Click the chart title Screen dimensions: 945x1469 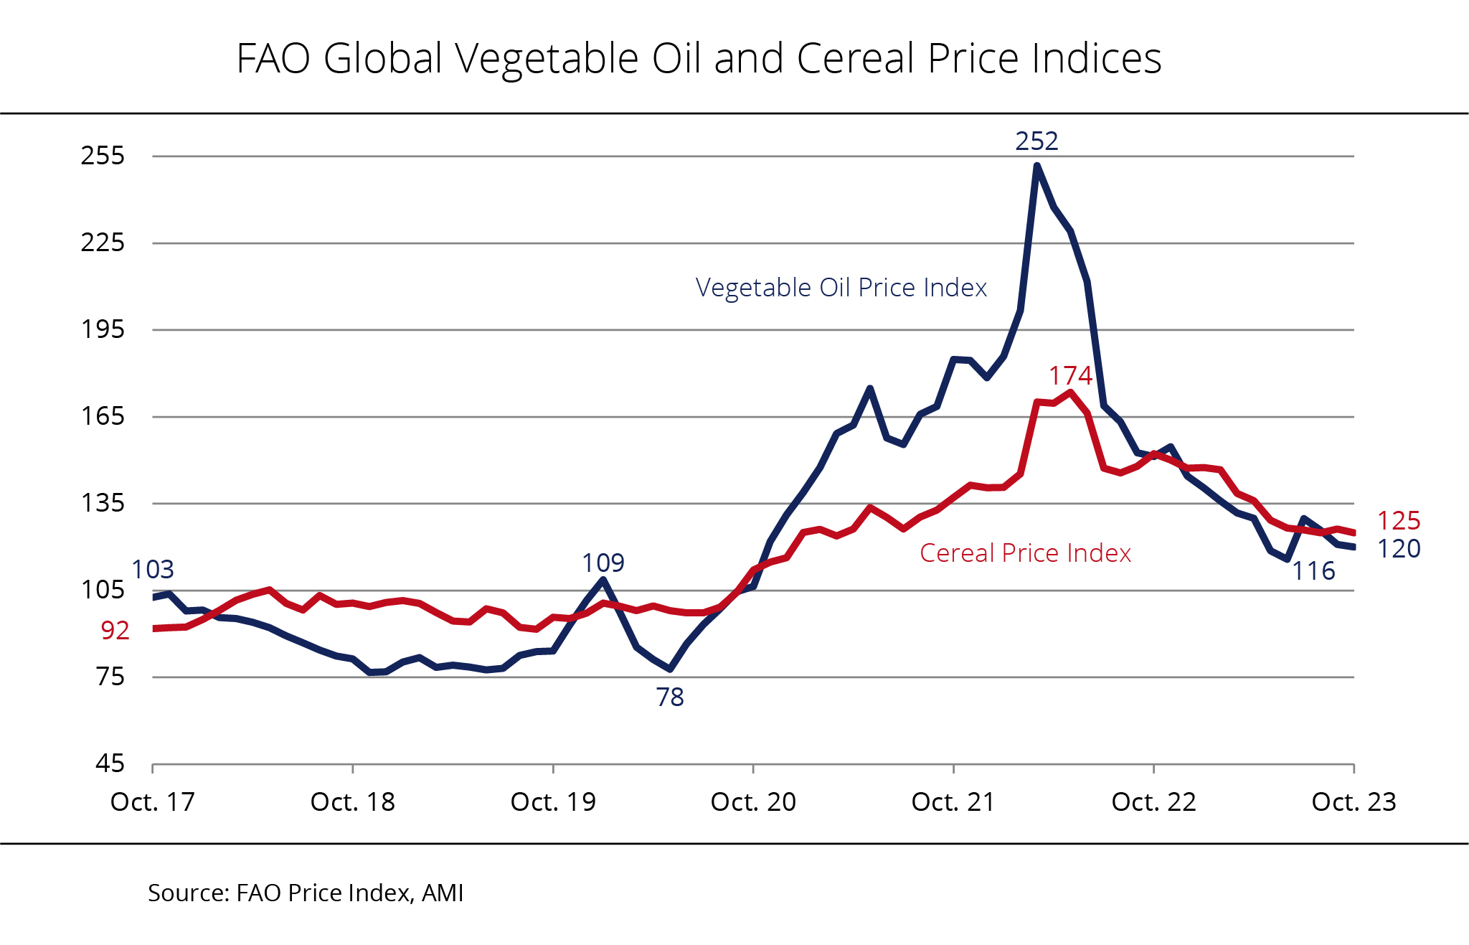tap(699, 58)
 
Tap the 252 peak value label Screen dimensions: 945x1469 tap(1036, 141)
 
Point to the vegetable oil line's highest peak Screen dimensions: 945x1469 tap(1037, 166)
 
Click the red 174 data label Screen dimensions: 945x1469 tap(1070, 376)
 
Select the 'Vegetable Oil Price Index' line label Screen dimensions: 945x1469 tap(841, 288)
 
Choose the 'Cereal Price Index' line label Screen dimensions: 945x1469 tap(1025, 553)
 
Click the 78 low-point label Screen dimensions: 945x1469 tap(670, 697)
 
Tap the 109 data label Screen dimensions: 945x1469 tap(603, 563)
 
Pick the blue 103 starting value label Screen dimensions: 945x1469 tap(153, 570)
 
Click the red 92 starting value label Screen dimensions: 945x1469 tap(115, 631)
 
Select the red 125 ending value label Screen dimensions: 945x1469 tap(1399, 521)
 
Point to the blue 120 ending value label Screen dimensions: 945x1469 tap(1399, 549)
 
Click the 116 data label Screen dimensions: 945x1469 tap(1313, 571)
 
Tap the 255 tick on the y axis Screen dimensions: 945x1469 tap(103, 156)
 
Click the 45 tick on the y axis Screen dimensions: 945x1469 tap(110, 763)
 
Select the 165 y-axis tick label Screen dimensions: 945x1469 tap(103, 416)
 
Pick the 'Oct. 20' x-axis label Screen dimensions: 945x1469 tap(753, 802)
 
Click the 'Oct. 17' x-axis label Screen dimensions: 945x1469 tap(153, 802)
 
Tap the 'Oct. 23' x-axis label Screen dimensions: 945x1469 tap(1354, 802)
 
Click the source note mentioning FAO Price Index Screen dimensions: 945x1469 tap(306, 893)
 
